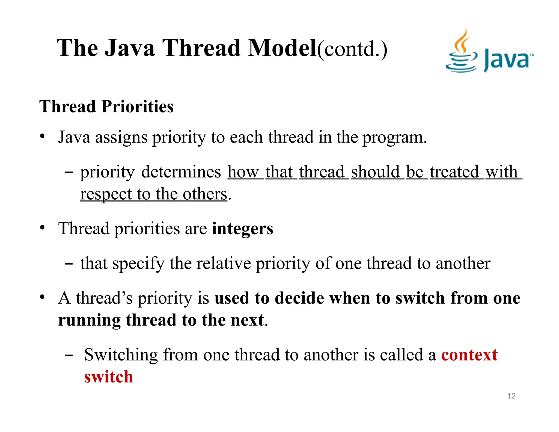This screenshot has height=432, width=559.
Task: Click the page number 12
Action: (511, 396)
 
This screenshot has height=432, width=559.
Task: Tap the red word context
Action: (469, 355)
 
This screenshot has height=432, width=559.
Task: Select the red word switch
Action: (109, 377)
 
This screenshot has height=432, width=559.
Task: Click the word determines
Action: (181, 172)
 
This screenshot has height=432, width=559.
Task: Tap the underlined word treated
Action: (454, 172)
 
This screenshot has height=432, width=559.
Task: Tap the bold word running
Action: (89, 320)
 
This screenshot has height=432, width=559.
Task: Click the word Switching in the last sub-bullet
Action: (121, 355)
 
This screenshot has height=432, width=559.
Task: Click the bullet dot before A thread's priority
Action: (42, 297)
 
